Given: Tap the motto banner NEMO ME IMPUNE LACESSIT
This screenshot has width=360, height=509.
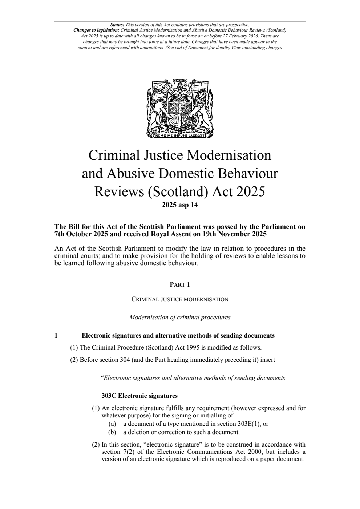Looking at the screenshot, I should (180, 136).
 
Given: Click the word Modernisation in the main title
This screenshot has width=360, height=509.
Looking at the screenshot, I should (229, 155).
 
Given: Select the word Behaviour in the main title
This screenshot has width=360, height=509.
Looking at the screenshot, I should (247, 173).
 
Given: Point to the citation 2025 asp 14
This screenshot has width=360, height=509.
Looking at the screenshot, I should (180, 205).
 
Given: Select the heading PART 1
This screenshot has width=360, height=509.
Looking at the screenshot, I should (180, 284).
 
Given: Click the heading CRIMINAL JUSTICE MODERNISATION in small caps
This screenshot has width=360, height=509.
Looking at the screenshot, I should (180, 299).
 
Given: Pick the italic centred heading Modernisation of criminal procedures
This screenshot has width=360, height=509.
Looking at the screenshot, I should (180, 317).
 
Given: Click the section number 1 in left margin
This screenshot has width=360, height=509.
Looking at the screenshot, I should (56, 335).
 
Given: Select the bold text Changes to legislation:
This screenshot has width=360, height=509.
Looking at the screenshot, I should (96, 30).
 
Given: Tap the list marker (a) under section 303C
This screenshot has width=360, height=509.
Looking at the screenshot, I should (112, 424).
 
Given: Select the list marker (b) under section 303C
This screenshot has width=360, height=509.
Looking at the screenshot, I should (112, 432).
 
